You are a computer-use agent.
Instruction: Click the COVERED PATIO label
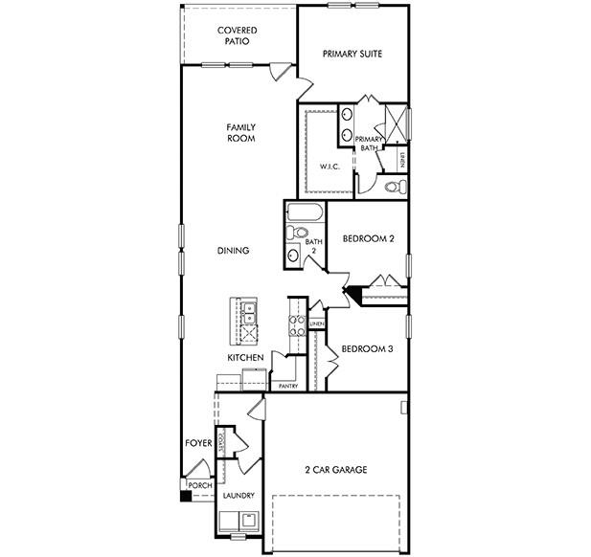(x=237, y=36)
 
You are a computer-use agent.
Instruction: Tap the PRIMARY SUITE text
(x=352, y=54)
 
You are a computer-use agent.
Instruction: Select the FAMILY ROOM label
(x=240, y=132)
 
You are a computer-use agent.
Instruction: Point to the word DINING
(x=233, y=251)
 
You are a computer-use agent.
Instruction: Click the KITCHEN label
(x=245, y=357)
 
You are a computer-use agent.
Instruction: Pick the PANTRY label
(x=288, y=386)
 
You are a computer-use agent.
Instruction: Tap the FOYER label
(x=198, y=443)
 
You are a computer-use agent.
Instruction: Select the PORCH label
(x=199, y=486)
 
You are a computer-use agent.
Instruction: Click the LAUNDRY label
(x=238, y=495)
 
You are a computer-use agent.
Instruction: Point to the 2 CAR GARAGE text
(x=335, y=469)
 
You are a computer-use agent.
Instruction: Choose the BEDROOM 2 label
(x=368, y=239)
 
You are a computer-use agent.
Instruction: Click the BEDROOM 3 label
(x=367, y=348)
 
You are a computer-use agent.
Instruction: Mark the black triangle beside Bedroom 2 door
(x=352, y=294)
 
